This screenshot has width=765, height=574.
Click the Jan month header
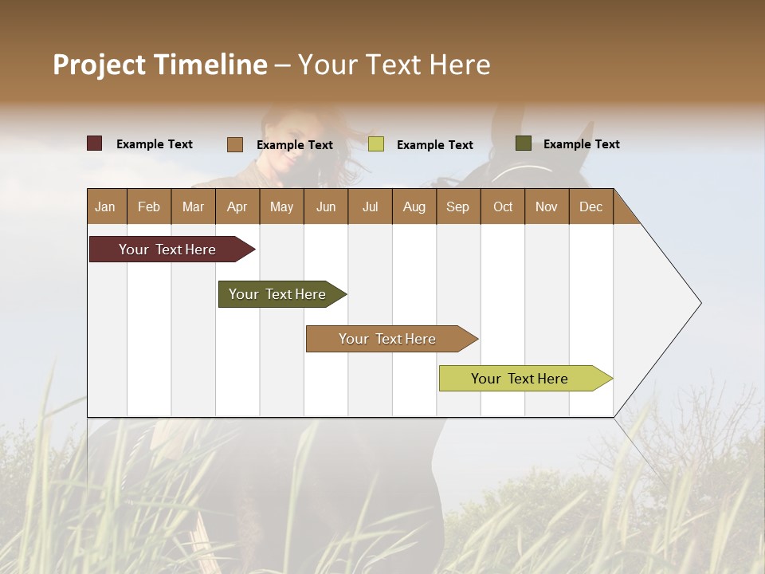pyautogui.click(x=105, y=206)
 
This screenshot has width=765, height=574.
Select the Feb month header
pyautogui.click(x=149, y=206)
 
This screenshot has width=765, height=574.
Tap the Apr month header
pyautogui.click(x=237, y=206)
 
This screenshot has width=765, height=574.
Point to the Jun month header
pyautogui.click(x=326, y=206)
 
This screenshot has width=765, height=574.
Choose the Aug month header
pyautogui.click(x=414, y=206)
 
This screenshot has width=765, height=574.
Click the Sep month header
pyautogui.click(x=457, y=206)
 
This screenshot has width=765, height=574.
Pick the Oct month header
pyautogui.click(x=503, y=206)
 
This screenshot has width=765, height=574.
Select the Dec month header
pyautogui.click(x=590, y=206)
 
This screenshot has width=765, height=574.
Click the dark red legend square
pyautogui.click(x=95, y=143)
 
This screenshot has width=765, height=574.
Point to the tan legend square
pyautogui.click(x=235, y=144)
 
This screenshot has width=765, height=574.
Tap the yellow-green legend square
pyautogui.click(x=376, y=144)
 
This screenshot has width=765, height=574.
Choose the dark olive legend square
pyautogui.click(x=524, y=143)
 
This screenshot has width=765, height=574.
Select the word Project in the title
pyautogui.click(x=99, y=65)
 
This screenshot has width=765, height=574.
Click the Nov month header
pyautogui.click(x=547, y=206)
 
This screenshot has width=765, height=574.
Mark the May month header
pyautogui.click(x=281, y=206)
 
